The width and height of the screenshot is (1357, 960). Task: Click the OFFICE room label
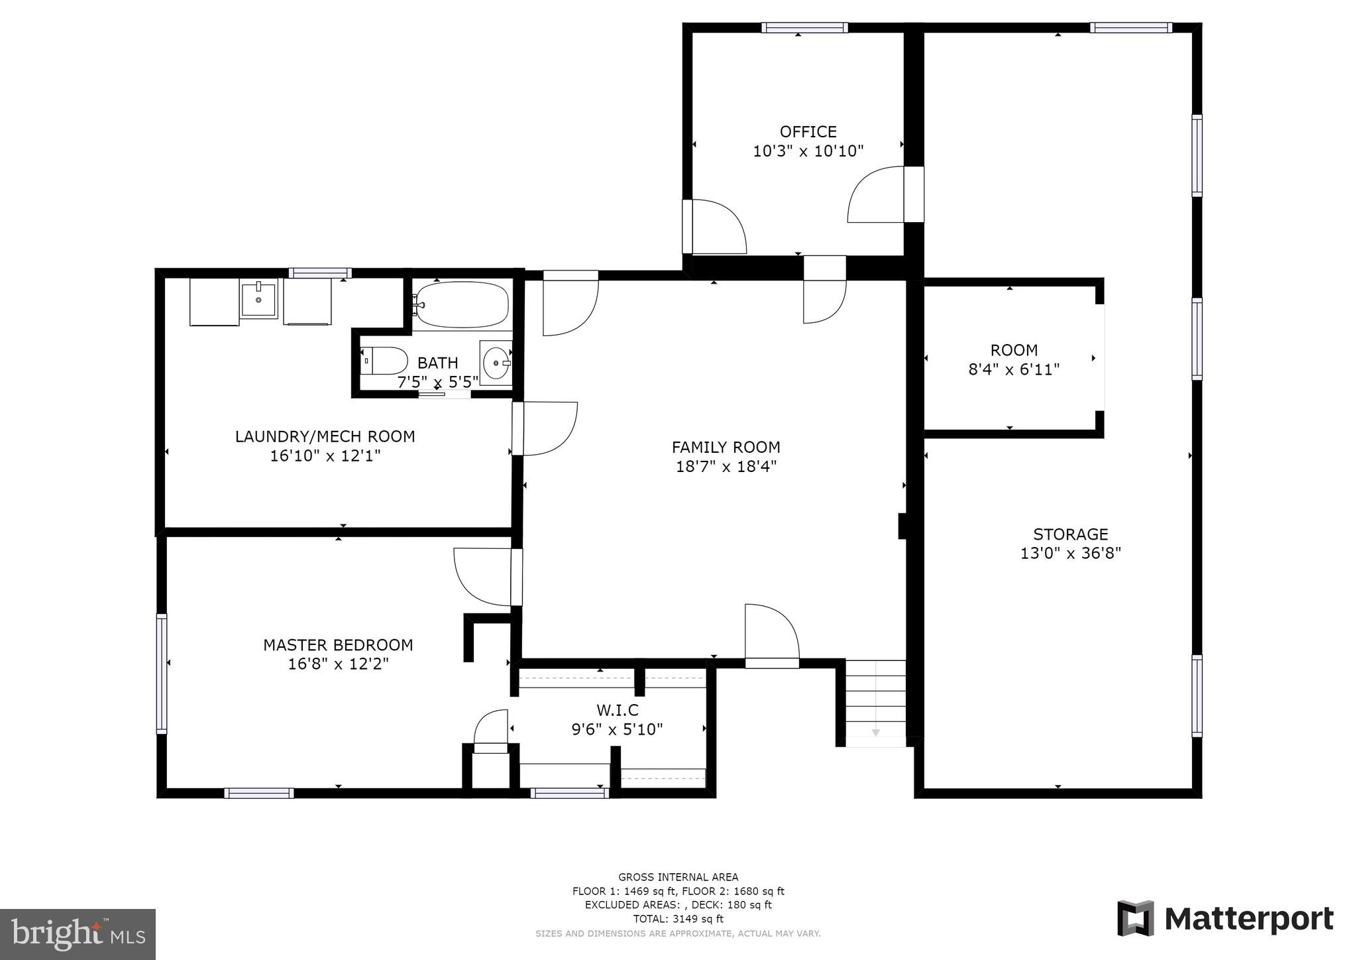click(x=808, y=132)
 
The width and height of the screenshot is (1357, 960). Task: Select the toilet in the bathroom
click(x=384, y=361)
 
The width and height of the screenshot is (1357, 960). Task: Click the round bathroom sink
click(x=496, y=363)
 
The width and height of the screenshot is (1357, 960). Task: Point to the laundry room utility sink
click(x=258, y=300)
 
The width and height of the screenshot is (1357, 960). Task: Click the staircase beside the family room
click(x=875, y=703)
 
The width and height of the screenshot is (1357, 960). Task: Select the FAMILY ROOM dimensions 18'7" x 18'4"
click(x=726, y=467)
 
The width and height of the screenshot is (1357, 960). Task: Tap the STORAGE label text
click(x=1070, y=534)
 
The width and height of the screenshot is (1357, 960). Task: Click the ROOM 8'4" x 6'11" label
click(x=1014, y=360)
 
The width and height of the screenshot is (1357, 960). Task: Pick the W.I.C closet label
click(x=617, y=711)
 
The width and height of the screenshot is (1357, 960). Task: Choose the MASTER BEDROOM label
click(x=338, y=645)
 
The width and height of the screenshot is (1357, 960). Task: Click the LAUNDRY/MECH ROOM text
click(x=325, y=437)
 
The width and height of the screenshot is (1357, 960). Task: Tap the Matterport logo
click(x=1225, y=919)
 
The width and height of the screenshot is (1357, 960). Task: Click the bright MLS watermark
click(x=78, y=933)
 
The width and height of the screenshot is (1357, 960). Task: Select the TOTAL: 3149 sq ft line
click(x=678, y=919)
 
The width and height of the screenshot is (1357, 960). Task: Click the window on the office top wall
click(x=804, y=28)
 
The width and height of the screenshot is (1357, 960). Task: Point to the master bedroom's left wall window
click(x=161, y=673)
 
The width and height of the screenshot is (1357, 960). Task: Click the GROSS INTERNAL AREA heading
click(x=678, y=877)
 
